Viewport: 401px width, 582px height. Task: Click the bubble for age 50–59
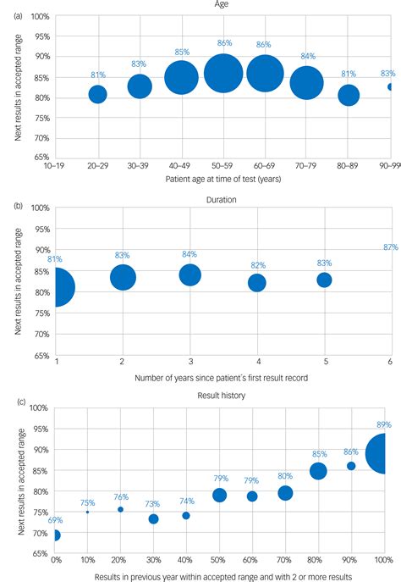pyautogui.click(x=223, y=75)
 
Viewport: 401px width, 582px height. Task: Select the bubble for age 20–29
pyautogui.click(x=98, y=94)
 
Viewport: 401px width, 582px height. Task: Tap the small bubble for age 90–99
pyautogui.click(x=389, y=86)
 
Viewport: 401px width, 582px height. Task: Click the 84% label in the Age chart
pyautogui.click(x=307, y=57)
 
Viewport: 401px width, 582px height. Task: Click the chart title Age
pyautogui.click(x=224, y=5)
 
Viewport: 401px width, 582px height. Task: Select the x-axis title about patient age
pyautogui.click(x=223, y=179)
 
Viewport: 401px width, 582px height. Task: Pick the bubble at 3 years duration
pyautogui.click(x=190, y=274)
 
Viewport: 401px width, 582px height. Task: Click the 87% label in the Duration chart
pyautogui.click(x=390, y=247)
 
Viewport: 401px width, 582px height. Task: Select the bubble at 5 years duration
pyautogui.click(x=324, y=280)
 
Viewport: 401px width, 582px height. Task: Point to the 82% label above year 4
pyautogui.click(x=257, y=265)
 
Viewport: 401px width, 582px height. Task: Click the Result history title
pyautogui.click(x=223, y=395)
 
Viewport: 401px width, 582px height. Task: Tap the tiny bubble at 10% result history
pyautogui.click(x=87, y=512)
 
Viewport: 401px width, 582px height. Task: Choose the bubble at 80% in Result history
pyautogui.click(x=318, y=471)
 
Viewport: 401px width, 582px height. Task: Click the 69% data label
pyautogui.click(x=54, y=518)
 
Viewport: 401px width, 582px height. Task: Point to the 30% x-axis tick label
pyautogui.click(x=153, y=561)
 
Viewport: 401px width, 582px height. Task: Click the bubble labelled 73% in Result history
pyautogui.click(x=153, y=518)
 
